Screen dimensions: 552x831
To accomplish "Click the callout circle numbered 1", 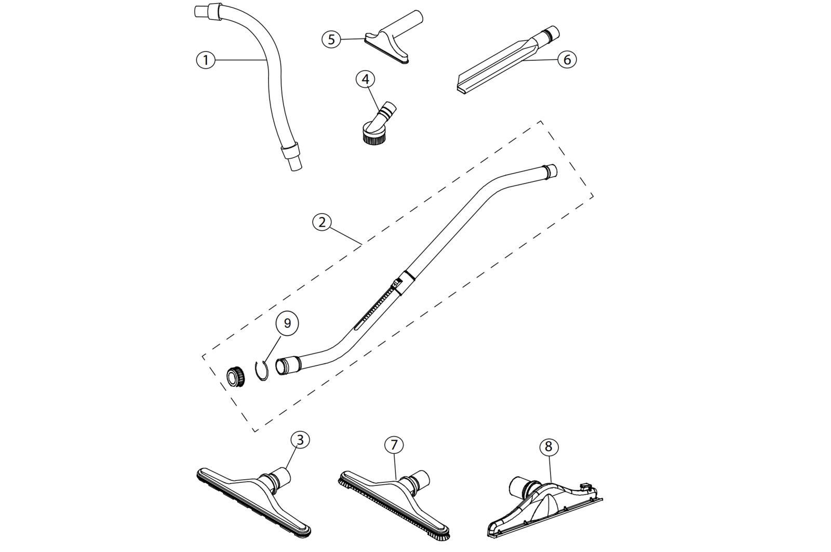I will click(206, 60).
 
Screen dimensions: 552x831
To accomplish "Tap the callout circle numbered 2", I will click(322, 222).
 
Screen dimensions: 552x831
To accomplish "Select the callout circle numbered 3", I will click(300, 440).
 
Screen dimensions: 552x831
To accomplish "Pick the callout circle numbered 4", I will click(366, 79).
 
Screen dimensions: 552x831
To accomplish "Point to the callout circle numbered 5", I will click(331, 39).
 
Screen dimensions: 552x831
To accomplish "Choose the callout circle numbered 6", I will click(567, 60).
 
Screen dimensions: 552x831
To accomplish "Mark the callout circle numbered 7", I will click(394, 445).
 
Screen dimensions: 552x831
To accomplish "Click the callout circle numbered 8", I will click(548, 446).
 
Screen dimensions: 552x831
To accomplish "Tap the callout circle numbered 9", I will click(287, 323).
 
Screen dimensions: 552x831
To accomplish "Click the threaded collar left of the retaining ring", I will click(235, 375).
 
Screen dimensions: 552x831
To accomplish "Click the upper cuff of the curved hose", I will click(210, 11).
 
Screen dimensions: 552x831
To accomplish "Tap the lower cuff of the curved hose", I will click(291, 153).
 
